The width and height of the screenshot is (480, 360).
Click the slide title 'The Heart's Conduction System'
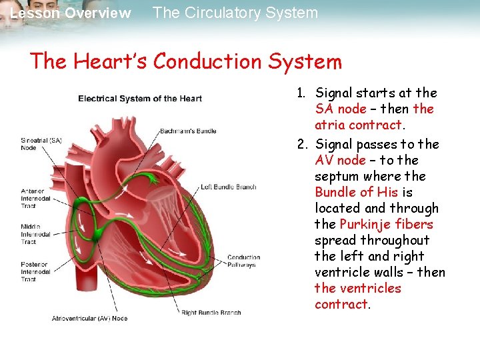(x=185, y=62)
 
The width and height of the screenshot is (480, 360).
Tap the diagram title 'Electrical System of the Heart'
(x=140, y=99)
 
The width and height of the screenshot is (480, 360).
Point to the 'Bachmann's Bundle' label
(x=188, y=131)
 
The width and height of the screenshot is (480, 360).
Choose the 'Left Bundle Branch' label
(x=229, y=187)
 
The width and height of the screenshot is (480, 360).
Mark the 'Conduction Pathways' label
(x=243, y=261)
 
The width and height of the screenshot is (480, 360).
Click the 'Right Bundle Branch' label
(x=211, y=311)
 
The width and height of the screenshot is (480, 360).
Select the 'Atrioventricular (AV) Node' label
(x=89, y=319)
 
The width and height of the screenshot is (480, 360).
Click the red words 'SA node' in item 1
(x=339, y=109)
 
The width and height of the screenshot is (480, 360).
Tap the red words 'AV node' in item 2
(x=340, y=160)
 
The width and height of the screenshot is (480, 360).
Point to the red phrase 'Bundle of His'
(x=356, y=192)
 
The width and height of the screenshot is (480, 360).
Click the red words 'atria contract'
(x=358, y=125)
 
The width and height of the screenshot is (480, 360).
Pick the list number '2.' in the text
(x=303, y=144)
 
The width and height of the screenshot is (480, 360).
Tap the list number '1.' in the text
(x=303, y=93)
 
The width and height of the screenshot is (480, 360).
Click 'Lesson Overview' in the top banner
(x=71, y=13)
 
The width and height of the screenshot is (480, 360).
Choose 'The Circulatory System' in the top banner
(x=235, y=13)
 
